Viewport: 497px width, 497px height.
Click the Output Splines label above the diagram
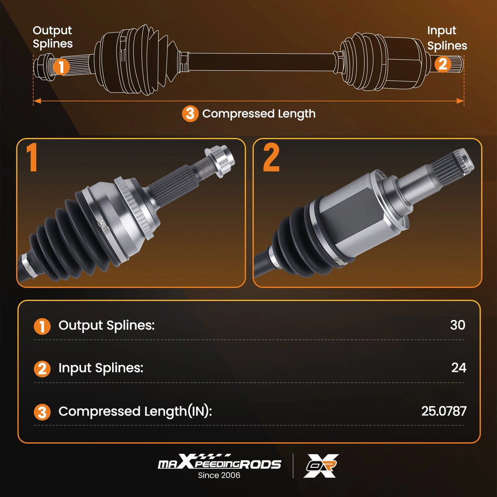52,37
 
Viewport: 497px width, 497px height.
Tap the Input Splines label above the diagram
447,38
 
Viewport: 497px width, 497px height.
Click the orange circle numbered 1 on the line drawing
61,66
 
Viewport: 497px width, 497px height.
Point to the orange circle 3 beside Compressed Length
190,114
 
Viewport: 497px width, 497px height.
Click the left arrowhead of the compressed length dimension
37,101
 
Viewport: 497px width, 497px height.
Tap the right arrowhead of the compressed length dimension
460,101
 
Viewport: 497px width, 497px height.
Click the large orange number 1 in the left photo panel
32,157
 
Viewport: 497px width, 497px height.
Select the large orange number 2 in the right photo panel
271,157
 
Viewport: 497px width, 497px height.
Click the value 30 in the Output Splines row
458,325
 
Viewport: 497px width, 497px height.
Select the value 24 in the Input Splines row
459,368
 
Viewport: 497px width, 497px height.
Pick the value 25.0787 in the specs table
444,411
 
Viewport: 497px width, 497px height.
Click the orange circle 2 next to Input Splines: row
42,369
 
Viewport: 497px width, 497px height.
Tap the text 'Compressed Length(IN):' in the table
135,412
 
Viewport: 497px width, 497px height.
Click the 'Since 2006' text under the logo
219,475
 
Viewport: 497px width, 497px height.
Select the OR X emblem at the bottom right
321,465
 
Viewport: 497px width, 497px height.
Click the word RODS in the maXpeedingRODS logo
260,464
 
